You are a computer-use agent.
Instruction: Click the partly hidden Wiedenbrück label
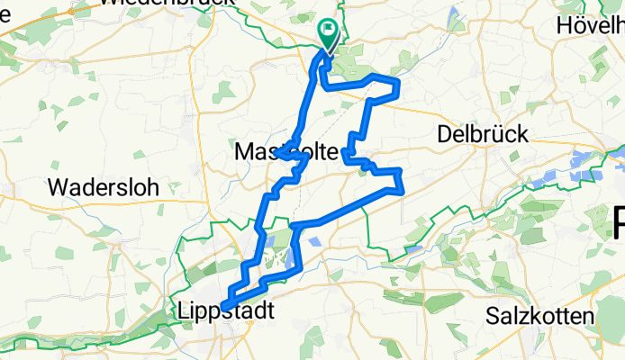(x=167, y=4)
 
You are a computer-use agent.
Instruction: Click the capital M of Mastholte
(x=243, y=154)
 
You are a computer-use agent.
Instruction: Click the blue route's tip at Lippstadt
(x=226, y=304)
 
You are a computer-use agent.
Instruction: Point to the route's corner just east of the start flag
(x=397, y=83)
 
